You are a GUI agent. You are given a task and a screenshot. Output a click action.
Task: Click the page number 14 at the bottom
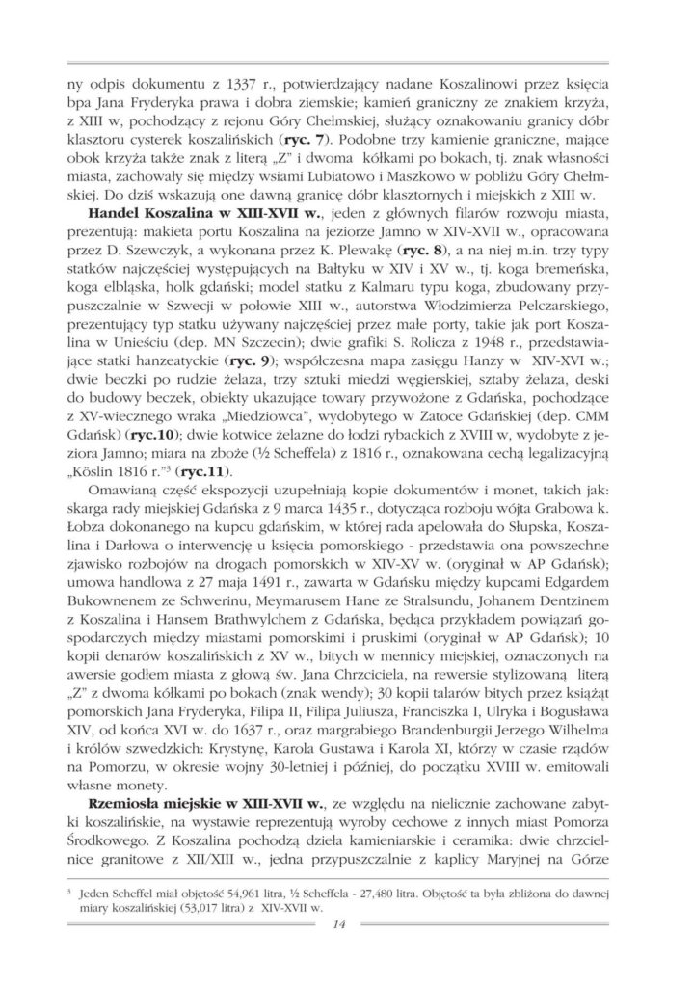(336, 926)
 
